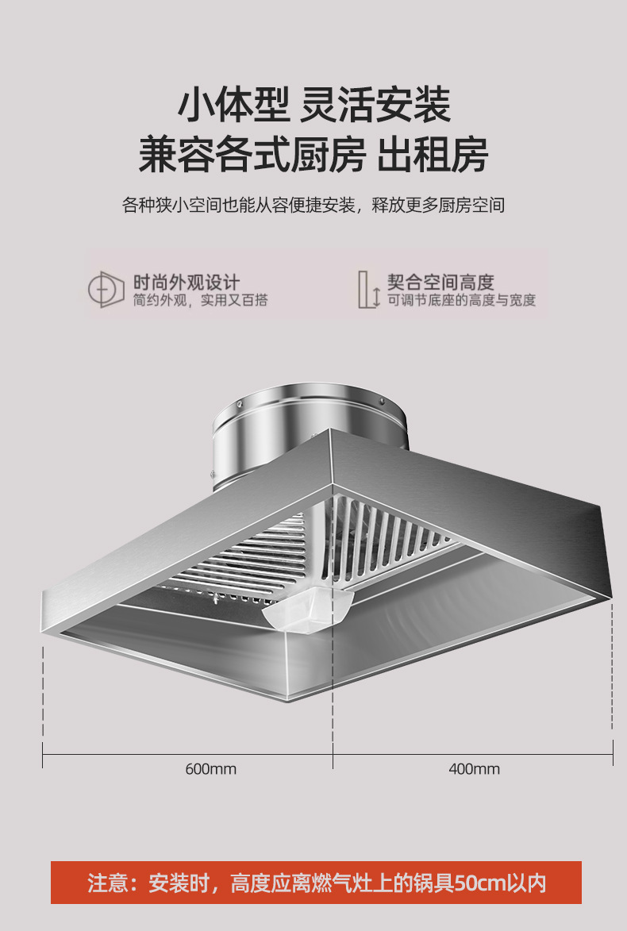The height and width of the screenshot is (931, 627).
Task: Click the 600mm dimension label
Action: [x=211, y=769]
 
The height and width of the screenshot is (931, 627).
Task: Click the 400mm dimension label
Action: [x=474, y=769]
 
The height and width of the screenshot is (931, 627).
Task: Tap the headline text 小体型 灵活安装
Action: [x=313, y=105]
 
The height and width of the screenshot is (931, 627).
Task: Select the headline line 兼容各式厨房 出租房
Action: [x=313, y=155]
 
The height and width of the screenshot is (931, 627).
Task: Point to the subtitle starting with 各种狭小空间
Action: [x=313, y=206]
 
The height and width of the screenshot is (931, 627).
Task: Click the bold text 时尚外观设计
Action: [x=186, y=282]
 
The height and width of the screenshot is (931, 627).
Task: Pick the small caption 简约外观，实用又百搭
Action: [x=200, y=301]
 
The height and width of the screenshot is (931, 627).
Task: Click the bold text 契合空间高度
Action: [x=440, y=282]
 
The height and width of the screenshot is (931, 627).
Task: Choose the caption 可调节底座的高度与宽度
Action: [x=461, y=301]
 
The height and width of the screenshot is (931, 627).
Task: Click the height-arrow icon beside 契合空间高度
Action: [x=368, y=290]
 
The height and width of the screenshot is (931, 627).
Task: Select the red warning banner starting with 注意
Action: [x=316, y=883]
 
